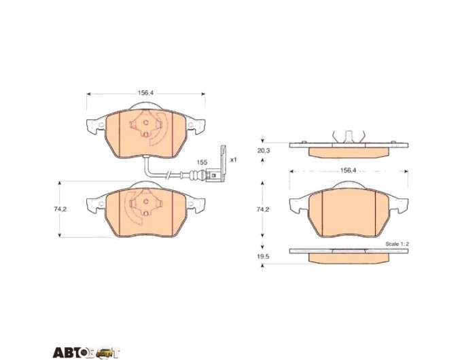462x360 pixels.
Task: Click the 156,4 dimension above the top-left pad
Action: (146, 92)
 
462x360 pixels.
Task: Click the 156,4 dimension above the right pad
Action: (349, 170)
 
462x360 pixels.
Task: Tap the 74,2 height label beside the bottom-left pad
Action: (60, 209)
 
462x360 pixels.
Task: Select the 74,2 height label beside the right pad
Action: (263, 209)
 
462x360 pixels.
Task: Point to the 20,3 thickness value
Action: (263, 150)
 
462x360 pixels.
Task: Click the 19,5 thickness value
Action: (263, 256)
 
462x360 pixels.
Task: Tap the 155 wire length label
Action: (202, 162)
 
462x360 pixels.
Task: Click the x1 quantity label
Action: (233, 160)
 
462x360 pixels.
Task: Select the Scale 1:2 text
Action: (397, 244)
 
